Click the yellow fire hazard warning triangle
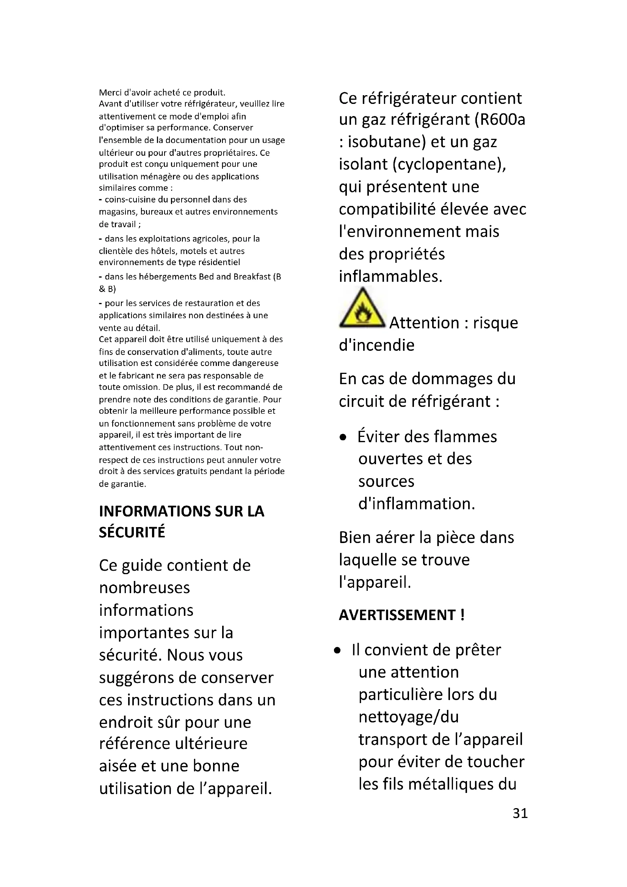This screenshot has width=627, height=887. coord(362,309)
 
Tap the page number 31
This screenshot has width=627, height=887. coord(520,813)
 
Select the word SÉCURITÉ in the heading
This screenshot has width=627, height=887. coord(132,532)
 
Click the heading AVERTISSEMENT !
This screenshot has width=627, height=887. coord(401,615)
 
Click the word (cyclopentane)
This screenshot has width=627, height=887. coord(449,165)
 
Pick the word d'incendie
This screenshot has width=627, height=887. coord(376,345)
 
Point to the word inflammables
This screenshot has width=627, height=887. coord(390,276)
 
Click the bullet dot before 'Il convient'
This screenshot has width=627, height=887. coord(338,651)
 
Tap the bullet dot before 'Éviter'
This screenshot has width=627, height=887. coord(343,438)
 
